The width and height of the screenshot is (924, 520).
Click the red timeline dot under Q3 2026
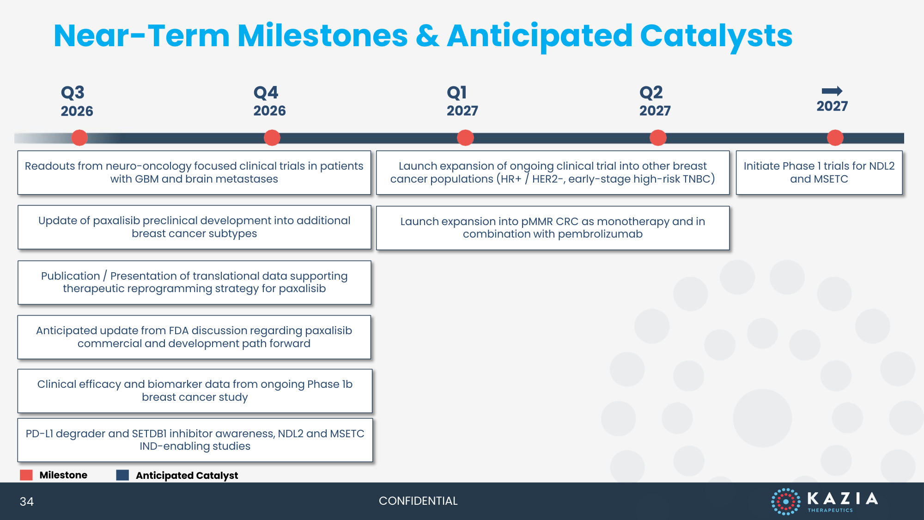(x=79, y=138)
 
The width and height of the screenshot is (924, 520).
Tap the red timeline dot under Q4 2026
(x=272, y=138)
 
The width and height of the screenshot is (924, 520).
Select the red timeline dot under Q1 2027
(x=465, y=138)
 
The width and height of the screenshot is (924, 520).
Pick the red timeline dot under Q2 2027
(x=658, y=138)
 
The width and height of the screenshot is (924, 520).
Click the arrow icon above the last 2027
(x=832, y=91)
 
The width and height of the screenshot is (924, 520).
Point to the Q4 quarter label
(x=266, y=93)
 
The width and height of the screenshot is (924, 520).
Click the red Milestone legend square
(x=26, y=475)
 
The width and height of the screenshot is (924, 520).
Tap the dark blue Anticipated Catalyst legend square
(x=122, y=475)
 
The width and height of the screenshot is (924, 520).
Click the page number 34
(x=27, y=502)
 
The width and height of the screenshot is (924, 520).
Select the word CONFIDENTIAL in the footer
(x=418, y=501)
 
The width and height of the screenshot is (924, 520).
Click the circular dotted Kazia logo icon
(x=786, y=502)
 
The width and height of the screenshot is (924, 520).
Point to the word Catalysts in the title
(x=716, y=37)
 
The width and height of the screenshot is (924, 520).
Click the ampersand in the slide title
(x=427, y=36)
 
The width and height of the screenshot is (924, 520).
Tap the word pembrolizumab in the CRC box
(x=600, y=234)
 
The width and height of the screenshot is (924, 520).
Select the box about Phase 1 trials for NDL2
(x=819, y=172)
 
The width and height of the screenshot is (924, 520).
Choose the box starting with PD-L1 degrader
(x=195, y=440)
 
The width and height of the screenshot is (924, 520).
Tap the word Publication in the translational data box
(x=70, y=276)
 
